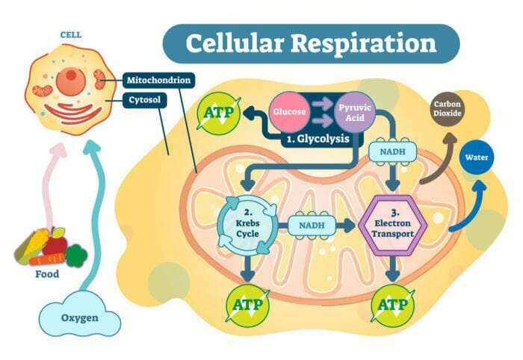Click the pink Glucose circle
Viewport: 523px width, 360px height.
tap(288, 112)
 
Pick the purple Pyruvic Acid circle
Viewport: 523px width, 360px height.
tap(353, 112)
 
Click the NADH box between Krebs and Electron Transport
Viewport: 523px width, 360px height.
tap(312, 223)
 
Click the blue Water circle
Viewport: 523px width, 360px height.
tap(476, 158)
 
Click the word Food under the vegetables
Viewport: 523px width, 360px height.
tap(48, 274)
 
